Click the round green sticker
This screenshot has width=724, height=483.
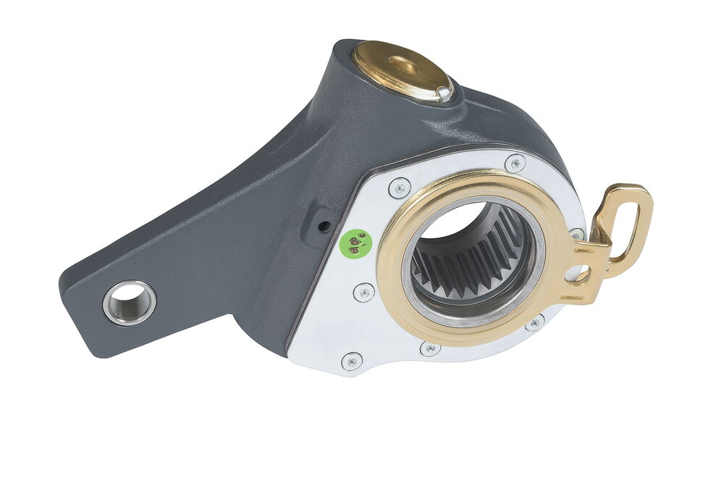pyautogui.click(x=355, y=243)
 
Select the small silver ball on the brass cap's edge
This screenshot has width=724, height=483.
pyautogui.click(x=442, y=91)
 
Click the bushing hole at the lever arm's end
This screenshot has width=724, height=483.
pyautogui.click(x=130, y=301)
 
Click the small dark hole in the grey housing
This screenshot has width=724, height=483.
pyautogui.click(x=324, y=227)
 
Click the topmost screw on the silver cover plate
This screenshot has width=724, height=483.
pyautogui.click(x=514, y=163)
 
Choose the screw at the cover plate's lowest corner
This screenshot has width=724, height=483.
pyautogui.click(x=353, y=361)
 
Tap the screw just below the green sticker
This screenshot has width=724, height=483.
pyautogui.click(x=363, y=293)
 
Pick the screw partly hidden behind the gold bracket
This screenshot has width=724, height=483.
pyautogui.click(x=575, y=234)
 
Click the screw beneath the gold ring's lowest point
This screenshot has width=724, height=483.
pyautogui.click(x=430, y=349)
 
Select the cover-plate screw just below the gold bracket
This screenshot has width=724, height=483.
pyautogui.click(x=534, y=322)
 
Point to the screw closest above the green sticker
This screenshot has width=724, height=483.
pyautogui.click(x=399, y=188)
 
